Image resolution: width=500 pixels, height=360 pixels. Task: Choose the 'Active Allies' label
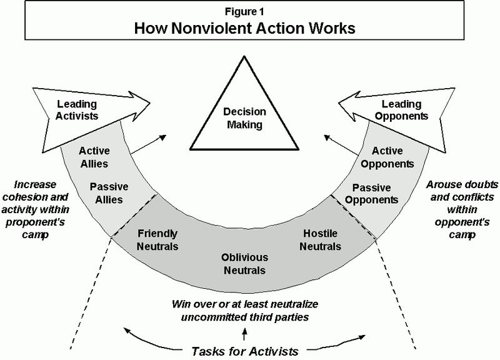(94, 157)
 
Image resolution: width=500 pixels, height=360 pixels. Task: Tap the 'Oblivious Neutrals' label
(244, 264)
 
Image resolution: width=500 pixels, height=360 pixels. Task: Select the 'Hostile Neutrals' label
(321, 240)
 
